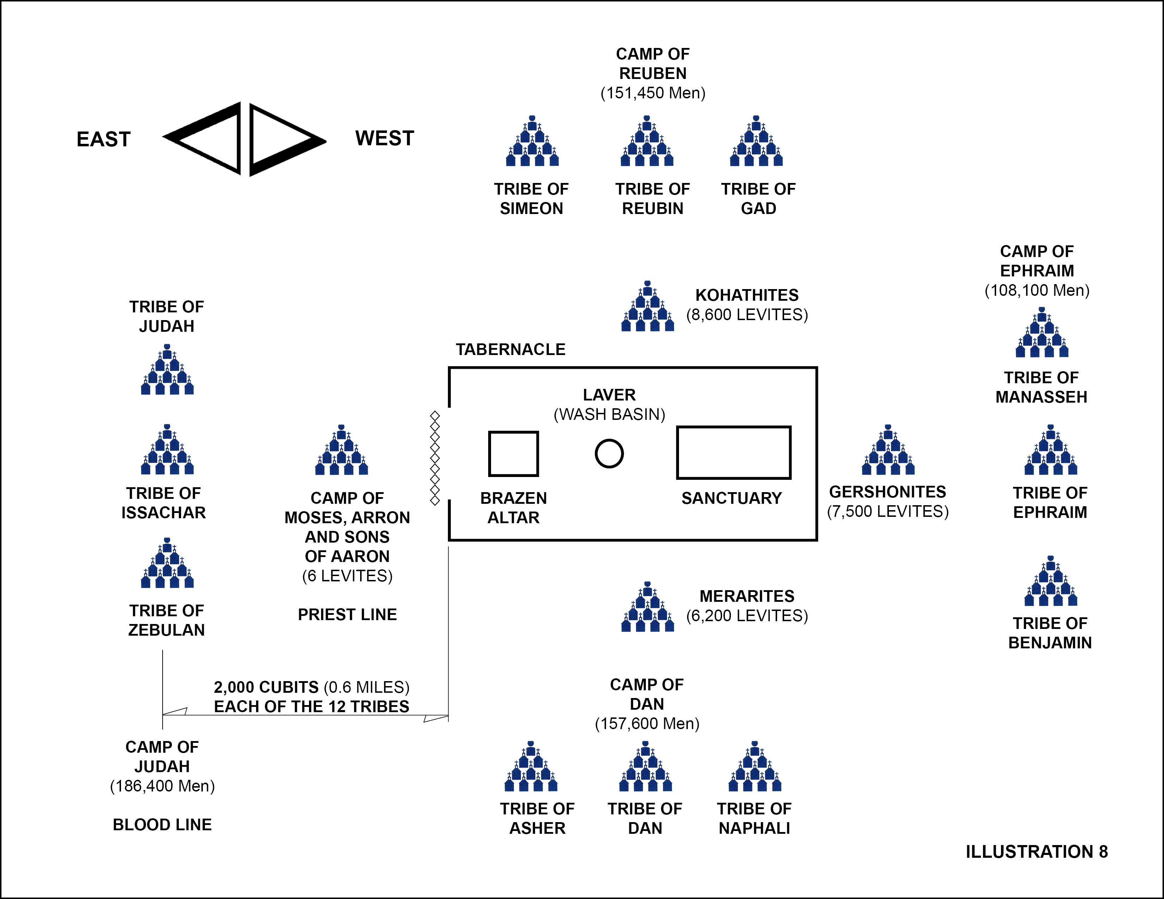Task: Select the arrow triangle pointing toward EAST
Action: point(205,139)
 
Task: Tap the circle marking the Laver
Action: point(609,454)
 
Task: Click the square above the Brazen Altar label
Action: point(513,454)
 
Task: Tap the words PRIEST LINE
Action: point(347,614)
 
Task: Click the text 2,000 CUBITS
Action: point(266,687)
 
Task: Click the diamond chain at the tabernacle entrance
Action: point(435,458)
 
